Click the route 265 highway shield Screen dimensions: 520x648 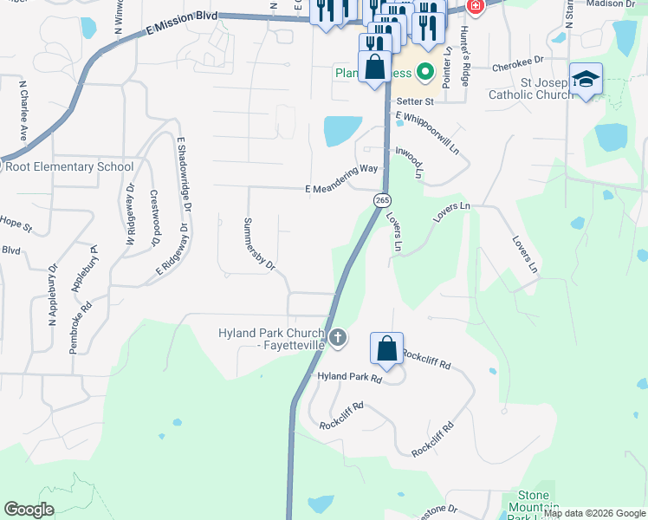pos(381,200)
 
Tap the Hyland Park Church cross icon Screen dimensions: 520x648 pos(338,336)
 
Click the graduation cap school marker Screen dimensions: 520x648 pos(586,80)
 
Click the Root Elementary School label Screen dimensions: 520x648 pos(69,166)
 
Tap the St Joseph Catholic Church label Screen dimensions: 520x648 pos(530,89)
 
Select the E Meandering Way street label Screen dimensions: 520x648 pos(341,190)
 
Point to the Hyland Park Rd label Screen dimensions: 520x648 pos(350,378)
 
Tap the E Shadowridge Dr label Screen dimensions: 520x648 pos(183,173)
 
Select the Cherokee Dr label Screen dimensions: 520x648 pos(516,63)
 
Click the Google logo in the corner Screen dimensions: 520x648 pos(29,510)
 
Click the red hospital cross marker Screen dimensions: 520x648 pos(475,7)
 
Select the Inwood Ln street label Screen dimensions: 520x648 pos(410,160)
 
